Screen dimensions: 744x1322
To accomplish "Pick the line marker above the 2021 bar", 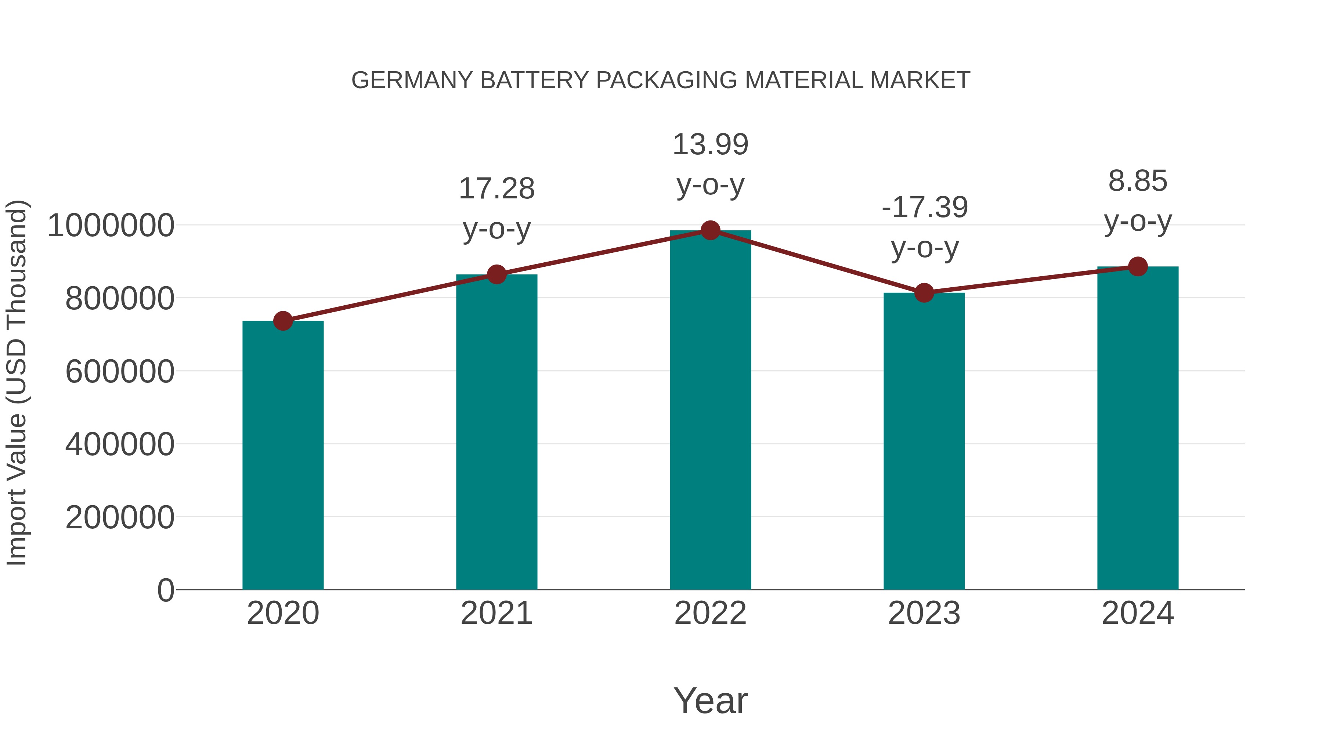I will pyautogui.click(x=496, y=275).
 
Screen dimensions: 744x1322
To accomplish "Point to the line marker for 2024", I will pyautogui.click(x=1138, y=266).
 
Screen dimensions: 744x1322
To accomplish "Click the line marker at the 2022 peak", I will pyautogui.click(x=710, y=230).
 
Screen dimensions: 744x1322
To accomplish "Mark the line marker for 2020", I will pyautogui.click(x=283, y=321).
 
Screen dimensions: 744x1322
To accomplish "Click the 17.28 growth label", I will pyautogui.click(x=496, y=188).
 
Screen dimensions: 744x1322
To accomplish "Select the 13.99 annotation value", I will pyautogui.click(x=710, y=144).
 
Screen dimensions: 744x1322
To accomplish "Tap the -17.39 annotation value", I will pyautogui.click(x=924, y=208).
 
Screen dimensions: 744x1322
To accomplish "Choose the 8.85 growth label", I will pyautogui.click(x=1138, y=181).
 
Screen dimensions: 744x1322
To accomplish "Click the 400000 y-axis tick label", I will pyautogui.click(x=120, y=444).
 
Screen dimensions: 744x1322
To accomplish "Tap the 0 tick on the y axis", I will pyautogui.click(x=166, y=590).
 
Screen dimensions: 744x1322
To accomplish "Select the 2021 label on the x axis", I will pyautogui.click(x=496, y=613).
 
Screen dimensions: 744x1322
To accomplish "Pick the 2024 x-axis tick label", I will pyautogui.click(x=1138, y=613).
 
